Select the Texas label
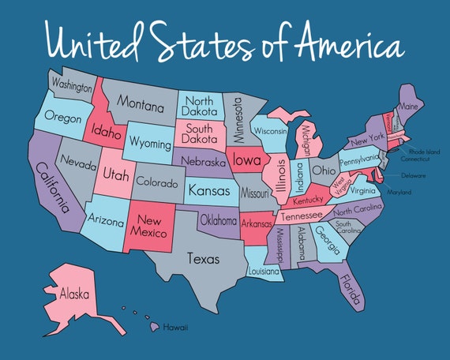(x=202, y=257)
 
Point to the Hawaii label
(x=174, y=326)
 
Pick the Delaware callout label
(x=414, y=175)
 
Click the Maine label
(x=409, y=106)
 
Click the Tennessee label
(x=302, y=215)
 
